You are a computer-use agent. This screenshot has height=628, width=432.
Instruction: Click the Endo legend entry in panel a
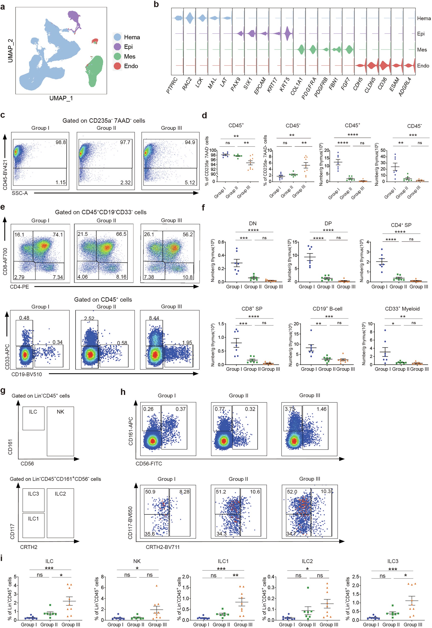pos(131,66)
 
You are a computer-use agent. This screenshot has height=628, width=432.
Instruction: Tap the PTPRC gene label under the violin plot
pos(172,86)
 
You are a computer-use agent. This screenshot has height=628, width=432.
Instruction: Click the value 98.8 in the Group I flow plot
pos(61,142)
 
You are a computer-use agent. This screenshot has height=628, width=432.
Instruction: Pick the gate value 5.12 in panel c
pos(190,182)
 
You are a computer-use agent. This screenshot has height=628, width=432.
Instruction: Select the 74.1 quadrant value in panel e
pos(58,234)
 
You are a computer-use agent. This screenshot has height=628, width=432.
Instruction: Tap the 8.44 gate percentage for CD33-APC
pos(154,318)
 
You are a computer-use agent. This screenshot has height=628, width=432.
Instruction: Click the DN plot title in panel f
pos(253,223)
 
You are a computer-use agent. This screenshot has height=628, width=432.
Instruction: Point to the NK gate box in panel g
pos(60,431)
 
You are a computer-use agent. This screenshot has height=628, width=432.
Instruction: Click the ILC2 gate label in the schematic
pos(60,493)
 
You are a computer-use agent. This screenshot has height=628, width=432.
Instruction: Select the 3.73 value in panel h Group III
pos(290,409)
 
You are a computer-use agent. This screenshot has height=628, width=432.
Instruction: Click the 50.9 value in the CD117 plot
pos(150,492)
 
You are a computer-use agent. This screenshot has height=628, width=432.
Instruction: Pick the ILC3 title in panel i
pos(392,561)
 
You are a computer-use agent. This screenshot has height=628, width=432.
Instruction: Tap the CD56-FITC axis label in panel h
pos(149,463)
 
